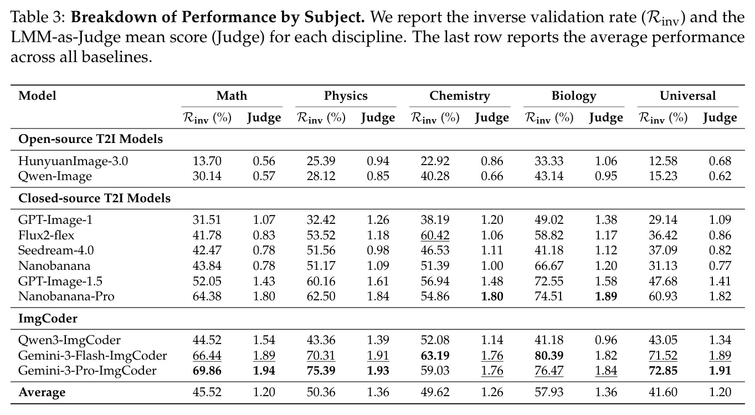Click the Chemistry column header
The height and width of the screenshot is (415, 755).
(x=459, y=96)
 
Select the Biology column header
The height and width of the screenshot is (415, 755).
(x=574, y=96)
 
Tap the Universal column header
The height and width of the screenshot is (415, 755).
(x=687, y=96)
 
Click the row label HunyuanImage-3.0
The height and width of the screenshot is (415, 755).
(x=73, y=161)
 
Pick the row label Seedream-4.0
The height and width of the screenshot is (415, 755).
(x=56, y=250)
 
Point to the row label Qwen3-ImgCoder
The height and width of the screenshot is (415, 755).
(x=69, y=340)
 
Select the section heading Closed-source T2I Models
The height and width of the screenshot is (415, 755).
(x=94, y=198)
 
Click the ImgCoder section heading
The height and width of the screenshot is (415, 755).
(x=48, y=319)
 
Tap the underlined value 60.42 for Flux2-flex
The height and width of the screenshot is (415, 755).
(x=435, y=235)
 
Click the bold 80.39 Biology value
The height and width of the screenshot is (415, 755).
(x=549, y=356)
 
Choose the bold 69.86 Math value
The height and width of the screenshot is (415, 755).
(x=207, y=371)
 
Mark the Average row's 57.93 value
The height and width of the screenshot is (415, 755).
(x=549, y=392)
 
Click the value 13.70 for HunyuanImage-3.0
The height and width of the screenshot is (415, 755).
(x=207, y=161)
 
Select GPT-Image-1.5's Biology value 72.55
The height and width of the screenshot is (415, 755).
(x=549, y=281)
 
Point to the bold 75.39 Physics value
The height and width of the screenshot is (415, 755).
(x=321, y=371)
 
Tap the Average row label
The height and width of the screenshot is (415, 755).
(x=42, y=392)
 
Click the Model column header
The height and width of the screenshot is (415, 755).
(x=37, y=96)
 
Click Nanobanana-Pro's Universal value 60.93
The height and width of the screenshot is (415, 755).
(x=663, y=296)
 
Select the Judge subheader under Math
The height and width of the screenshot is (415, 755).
(x=264, y=117)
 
